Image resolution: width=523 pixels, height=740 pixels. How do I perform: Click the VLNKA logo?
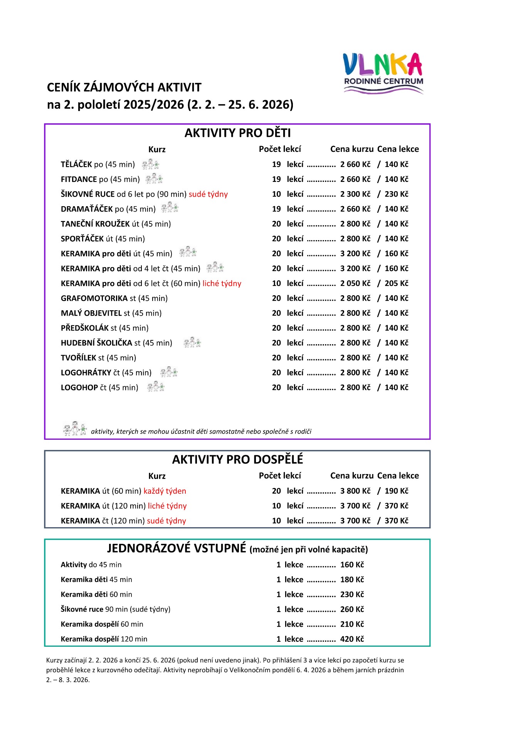(x=383, y=73)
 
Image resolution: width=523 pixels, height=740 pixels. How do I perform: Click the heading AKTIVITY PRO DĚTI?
(x=237, y=133)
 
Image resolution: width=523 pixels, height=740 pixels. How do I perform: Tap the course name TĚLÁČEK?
(x=76, y=165)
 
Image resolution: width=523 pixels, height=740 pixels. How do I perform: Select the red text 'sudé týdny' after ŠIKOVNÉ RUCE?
(x=208, y=194)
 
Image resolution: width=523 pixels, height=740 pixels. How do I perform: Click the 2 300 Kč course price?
(x=355, y=194)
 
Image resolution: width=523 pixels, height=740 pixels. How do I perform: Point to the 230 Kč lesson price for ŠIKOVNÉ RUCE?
(x=396, y=194)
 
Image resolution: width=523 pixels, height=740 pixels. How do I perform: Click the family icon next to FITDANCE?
(x=154, y=179)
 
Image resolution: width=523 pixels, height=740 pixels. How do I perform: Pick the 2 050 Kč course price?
(x=355, y=284)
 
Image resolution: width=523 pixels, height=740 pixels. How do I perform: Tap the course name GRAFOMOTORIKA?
(x=94, y=298)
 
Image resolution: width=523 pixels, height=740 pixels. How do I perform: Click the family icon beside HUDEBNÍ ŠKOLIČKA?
(x=192, y=342)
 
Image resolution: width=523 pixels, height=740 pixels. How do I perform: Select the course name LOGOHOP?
(x=79, y=388)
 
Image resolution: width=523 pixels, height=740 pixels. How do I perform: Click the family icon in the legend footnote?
(x=75, y=429)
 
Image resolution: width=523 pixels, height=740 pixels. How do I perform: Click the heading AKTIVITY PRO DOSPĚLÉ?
(x=237, y=459)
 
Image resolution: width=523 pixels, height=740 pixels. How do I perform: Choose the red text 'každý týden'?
(x=165, y=491)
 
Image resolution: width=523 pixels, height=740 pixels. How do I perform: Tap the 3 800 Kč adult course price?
(x=355, y=491)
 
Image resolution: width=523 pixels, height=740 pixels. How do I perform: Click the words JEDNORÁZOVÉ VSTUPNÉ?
(x=177, y=548)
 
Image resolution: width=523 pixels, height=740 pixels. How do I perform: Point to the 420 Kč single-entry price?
(x=352, y=639)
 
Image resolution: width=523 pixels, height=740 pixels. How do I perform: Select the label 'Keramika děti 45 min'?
(x=96, y=580)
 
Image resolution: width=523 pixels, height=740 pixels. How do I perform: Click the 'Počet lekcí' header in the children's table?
(x=280, y=149)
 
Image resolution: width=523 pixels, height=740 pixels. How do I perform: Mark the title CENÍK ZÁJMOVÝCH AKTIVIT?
(x=124, y=87)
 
